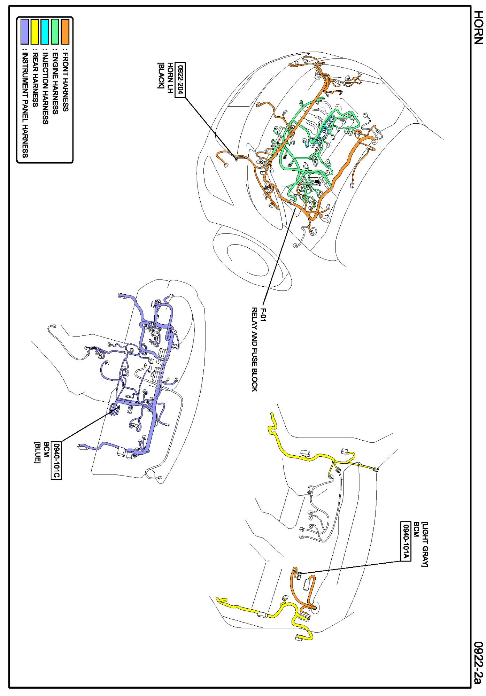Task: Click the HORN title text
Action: coord(479,27)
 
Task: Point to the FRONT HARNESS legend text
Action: coord(65,82)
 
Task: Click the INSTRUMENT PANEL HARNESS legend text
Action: coord(25,105)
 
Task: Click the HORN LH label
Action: coord(170,78)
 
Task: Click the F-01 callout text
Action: coord(264,315)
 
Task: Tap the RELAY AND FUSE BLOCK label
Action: coord(255,349)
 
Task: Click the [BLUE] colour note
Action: coord(37,453)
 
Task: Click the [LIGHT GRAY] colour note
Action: coord(425,544)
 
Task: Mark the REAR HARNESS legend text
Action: coord(35,80)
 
